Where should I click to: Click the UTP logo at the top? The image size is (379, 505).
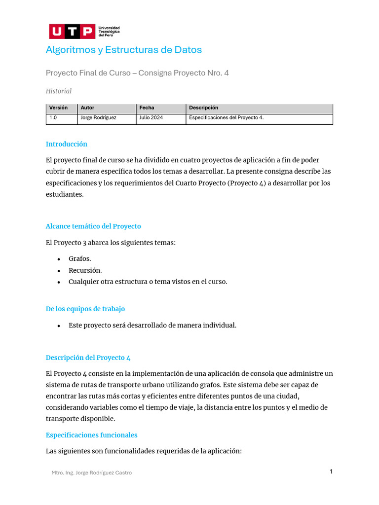[x=84, y=32]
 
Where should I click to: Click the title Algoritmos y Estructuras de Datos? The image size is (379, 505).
[x=124, y=50]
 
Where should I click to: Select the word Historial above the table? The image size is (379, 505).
[x=59, y=91]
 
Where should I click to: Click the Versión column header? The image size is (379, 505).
[x=58, y=108]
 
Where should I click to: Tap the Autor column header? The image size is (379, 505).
[x=87, y=108]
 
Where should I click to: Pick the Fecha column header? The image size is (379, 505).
[x=147, y=108]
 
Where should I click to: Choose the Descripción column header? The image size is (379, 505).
[x=203, y=108]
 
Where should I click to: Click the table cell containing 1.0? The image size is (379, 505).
[x=53, y=118]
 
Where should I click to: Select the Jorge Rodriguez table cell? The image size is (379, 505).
[x=98, y=118]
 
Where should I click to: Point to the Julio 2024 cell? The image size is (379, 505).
[x=151, y=118]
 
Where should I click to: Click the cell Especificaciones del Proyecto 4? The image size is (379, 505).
[x=226, y=118]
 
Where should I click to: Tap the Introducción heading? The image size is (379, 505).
[x=67, y=144]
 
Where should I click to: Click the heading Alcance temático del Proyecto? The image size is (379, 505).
[x=93, y=226]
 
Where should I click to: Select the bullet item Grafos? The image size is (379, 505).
[x=80, y=259]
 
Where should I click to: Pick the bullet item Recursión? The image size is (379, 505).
[x=85, y=270]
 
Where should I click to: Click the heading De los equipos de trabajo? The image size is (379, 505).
[x=85, y=309]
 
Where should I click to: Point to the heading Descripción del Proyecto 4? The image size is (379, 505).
[x=88, y=358]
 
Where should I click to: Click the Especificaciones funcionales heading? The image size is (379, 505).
[x=92, y=435]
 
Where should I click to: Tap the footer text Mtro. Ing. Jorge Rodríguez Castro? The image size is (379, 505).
[x=92, y=472]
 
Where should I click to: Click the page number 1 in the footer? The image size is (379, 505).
[x=331, y=471]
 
